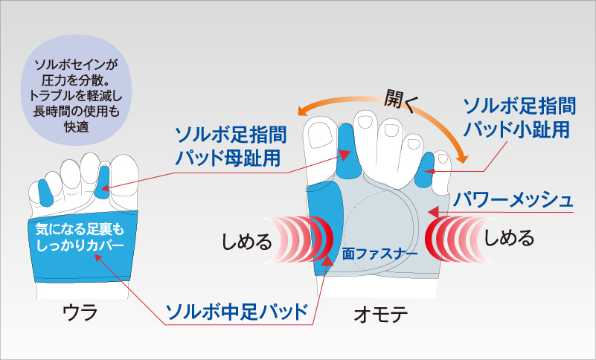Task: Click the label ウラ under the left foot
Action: point(80,312)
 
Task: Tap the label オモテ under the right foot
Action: point(381,315)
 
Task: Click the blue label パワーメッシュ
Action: point(513,199)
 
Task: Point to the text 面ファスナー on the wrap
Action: point(379,254)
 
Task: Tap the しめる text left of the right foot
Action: point(247,241)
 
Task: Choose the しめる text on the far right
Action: point(509,238)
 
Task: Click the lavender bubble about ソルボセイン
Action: point(76,91)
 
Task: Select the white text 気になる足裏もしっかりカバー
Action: point(80,237)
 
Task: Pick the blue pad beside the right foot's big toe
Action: point(347,151)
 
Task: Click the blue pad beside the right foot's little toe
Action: point(426,170)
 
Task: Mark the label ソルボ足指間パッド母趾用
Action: point(231,147)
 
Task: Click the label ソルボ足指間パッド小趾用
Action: point(519,118)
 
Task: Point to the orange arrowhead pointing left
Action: point(304,111)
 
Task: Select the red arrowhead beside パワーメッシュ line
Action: point(433,211)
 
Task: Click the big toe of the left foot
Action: point(124,174)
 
